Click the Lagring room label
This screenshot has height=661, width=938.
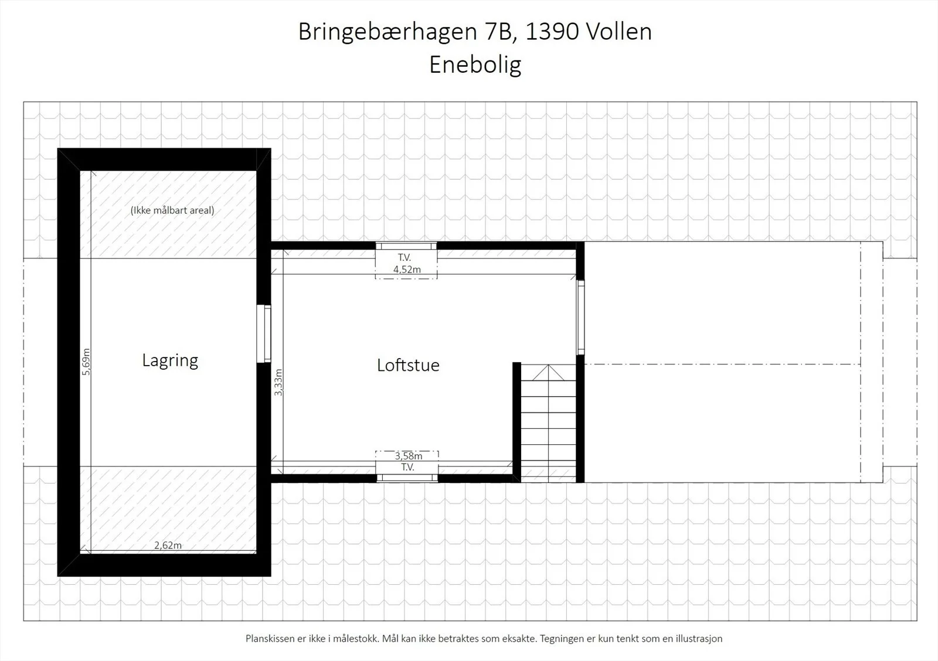pyautogui.click(x=170, y=360)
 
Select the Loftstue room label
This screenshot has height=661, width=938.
pyautogui.click(x=408, y=365)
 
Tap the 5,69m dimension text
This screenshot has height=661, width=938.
pyautogui.click(x=86, y=362)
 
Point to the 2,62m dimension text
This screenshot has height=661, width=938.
pyautogui.click(x=168, y=545)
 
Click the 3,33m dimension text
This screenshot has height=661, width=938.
pyautogui.click(x=278, y=382)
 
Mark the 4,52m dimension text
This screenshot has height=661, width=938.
pyautogui.click(x=407, y=269)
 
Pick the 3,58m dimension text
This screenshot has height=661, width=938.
pyautogui.click(x=408, y=455)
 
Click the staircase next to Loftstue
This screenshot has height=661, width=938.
pyautogui.click(x=548, y=423)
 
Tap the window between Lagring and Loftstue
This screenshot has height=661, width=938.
pyautogui.click(x=264, y=333)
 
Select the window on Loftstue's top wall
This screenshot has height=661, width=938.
pyautogui.click(x=406, y=246)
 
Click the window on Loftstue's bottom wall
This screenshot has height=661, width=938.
pyautogui.click(x=407, y=478)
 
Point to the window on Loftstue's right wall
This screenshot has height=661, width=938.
pyautogui.click(x=580, y=317)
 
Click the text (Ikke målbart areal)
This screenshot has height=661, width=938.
pyautogui.click(x=172, y=210)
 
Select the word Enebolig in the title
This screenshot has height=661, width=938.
pyautogui.click(x=475, y=65)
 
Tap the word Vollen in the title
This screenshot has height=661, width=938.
pyautogui.click(x=618, y=32)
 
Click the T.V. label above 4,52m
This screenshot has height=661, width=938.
pyautogui.click(x=405, y=257)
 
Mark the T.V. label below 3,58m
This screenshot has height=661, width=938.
pyautogui.click(x=407, y=467)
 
